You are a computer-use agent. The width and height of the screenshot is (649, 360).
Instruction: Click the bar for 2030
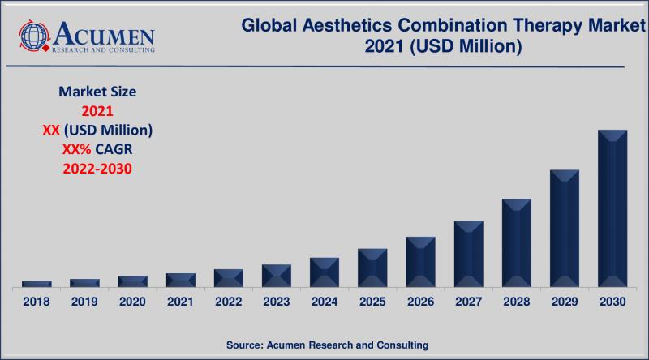pyautogui.click(x=612, y=208)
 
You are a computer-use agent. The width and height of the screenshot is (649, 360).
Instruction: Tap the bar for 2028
pyautogui.click(x=516, y=242)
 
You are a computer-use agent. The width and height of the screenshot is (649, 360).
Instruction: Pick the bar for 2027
pyautogui.click(x=468, y=254)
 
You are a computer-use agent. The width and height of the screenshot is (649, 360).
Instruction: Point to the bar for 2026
pyautogui.click(x=420, y=262)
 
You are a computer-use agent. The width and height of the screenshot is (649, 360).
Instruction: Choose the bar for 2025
pyautogui.click(x=372, y=268)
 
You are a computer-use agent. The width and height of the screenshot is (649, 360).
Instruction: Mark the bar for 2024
pyautogui.click(x=324, y=272)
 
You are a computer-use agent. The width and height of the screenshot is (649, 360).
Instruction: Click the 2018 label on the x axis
pyautogui.click(x=37, y=302)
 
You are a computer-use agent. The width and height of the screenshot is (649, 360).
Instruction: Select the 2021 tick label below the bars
pyautogui.click(x=180, y=302)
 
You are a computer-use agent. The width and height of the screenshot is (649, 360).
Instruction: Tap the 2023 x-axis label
pyautogui.click(x=276, y=302)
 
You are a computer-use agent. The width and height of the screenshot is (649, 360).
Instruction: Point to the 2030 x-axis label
pyautogui.click(x=612, y=302)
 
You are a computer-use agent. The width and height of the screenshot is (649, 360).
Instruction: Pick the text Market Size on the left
pyautogui.click(x=97, y=92)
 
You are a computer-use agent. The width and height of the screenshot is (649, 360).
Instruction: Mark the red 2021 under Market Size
pyautogui.click(x=97, y=111)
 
